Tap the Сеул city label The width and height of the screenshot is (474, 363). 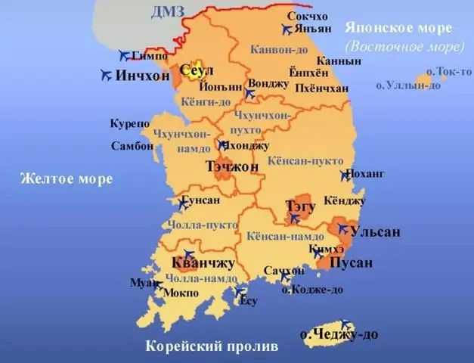[194, 70]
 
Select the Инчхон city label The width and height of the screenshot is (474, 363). [143, 76]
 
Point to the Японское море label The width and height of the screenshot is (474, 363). [398, 28]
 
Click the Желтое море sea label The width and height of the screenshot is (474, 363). [66, 179]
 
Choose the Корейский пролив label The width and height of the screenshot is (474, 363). [212, 346]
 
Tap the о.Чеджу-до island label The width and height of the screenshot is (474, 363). [339, 334]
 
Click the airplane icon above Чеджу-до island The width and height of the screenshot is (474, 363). [346, 324]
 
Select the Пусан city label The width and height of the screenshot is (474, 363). [352, 262]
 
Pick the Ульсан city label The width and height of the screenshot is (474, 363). [376, 231]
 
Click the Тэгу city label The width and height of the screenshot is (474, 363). [301, 206]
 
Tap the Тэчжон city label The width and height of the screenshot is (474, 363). [232, 166]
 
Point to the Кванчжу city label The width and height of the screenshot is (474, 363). [203, 263]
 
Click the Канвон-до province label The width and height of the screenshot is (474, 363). [279, 49]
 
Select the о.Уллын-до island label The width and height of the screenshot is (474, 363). [408, 85]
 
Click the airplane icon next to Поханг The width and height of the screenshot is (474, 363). [346, 175]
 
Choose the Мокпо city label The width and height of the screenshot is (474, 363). [181, 292]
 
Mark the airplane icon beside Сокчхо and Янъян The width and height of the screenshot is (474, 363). [286, 30]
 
